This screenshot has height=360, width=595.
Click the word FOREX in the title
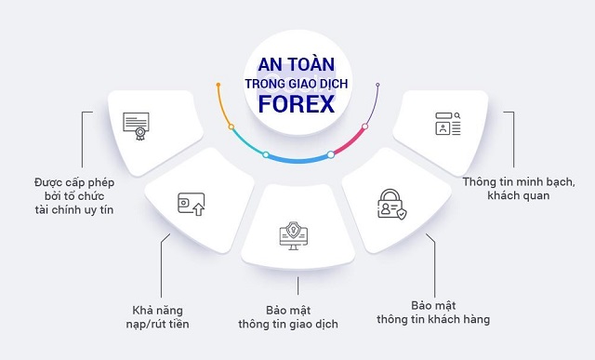tap(297, 103)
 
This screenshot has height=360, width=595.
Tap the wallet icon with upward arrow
tap(191, 202)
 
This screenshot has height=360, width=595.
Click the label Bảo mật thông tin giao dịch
tap(295, 316)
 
